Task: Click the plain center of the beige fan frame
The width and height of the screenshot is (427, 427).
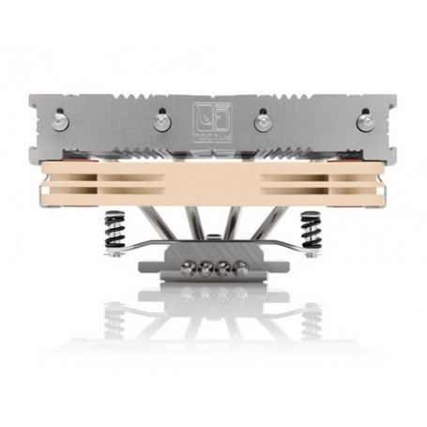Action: tap(213, 186)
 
